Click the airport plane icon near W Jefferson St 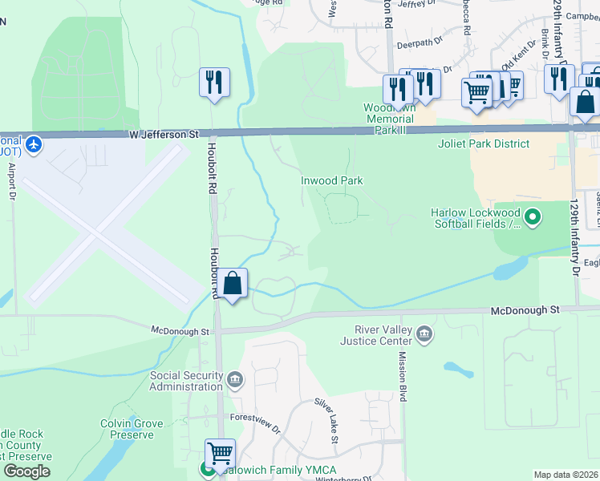pyautogui.click(x=33, y=145)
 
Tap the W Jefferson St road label pyautogui.click(x=164, y=135)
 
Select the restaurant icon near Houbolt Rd pyautogui.click(x=214, y=83)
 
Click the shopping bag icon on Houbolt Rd pyautogui.click(x=233, y=283)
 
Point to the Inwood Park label pyautogui.click(x=331, y=180)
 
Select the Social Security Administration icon pyautogui.click(x=234, y=379)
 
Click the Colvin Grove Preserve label pyautogui.click(x=132, y=429)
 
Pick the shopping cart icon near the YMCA pyautogui.click(x=219, y=453)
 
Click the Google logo pyautogui.click(x=26, y=471)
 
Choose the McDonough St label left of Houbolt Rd pyautogui.click(x=180, y=329)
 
